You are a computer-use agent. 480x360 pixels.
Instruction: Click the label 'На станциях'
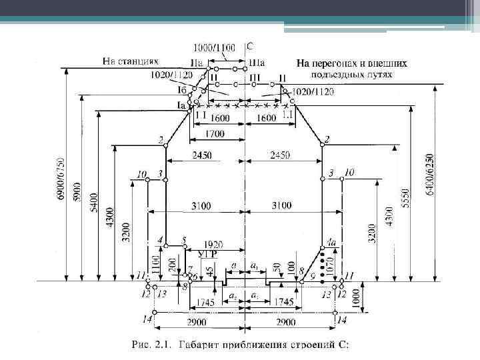coord(130,61)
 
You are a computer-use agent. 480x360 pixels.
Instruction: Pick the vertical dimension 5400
coord(94,200)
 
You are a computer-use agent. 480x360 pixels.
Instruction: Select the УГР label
coord(207,254)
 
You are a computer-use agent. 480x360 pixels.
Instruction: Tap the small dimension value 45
coord(210,271)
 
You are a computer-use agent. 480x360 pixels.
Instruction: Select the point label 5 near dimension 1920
coord(184,239)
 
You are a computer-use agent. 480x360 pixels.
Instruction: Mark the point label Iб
coord(181,91)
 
